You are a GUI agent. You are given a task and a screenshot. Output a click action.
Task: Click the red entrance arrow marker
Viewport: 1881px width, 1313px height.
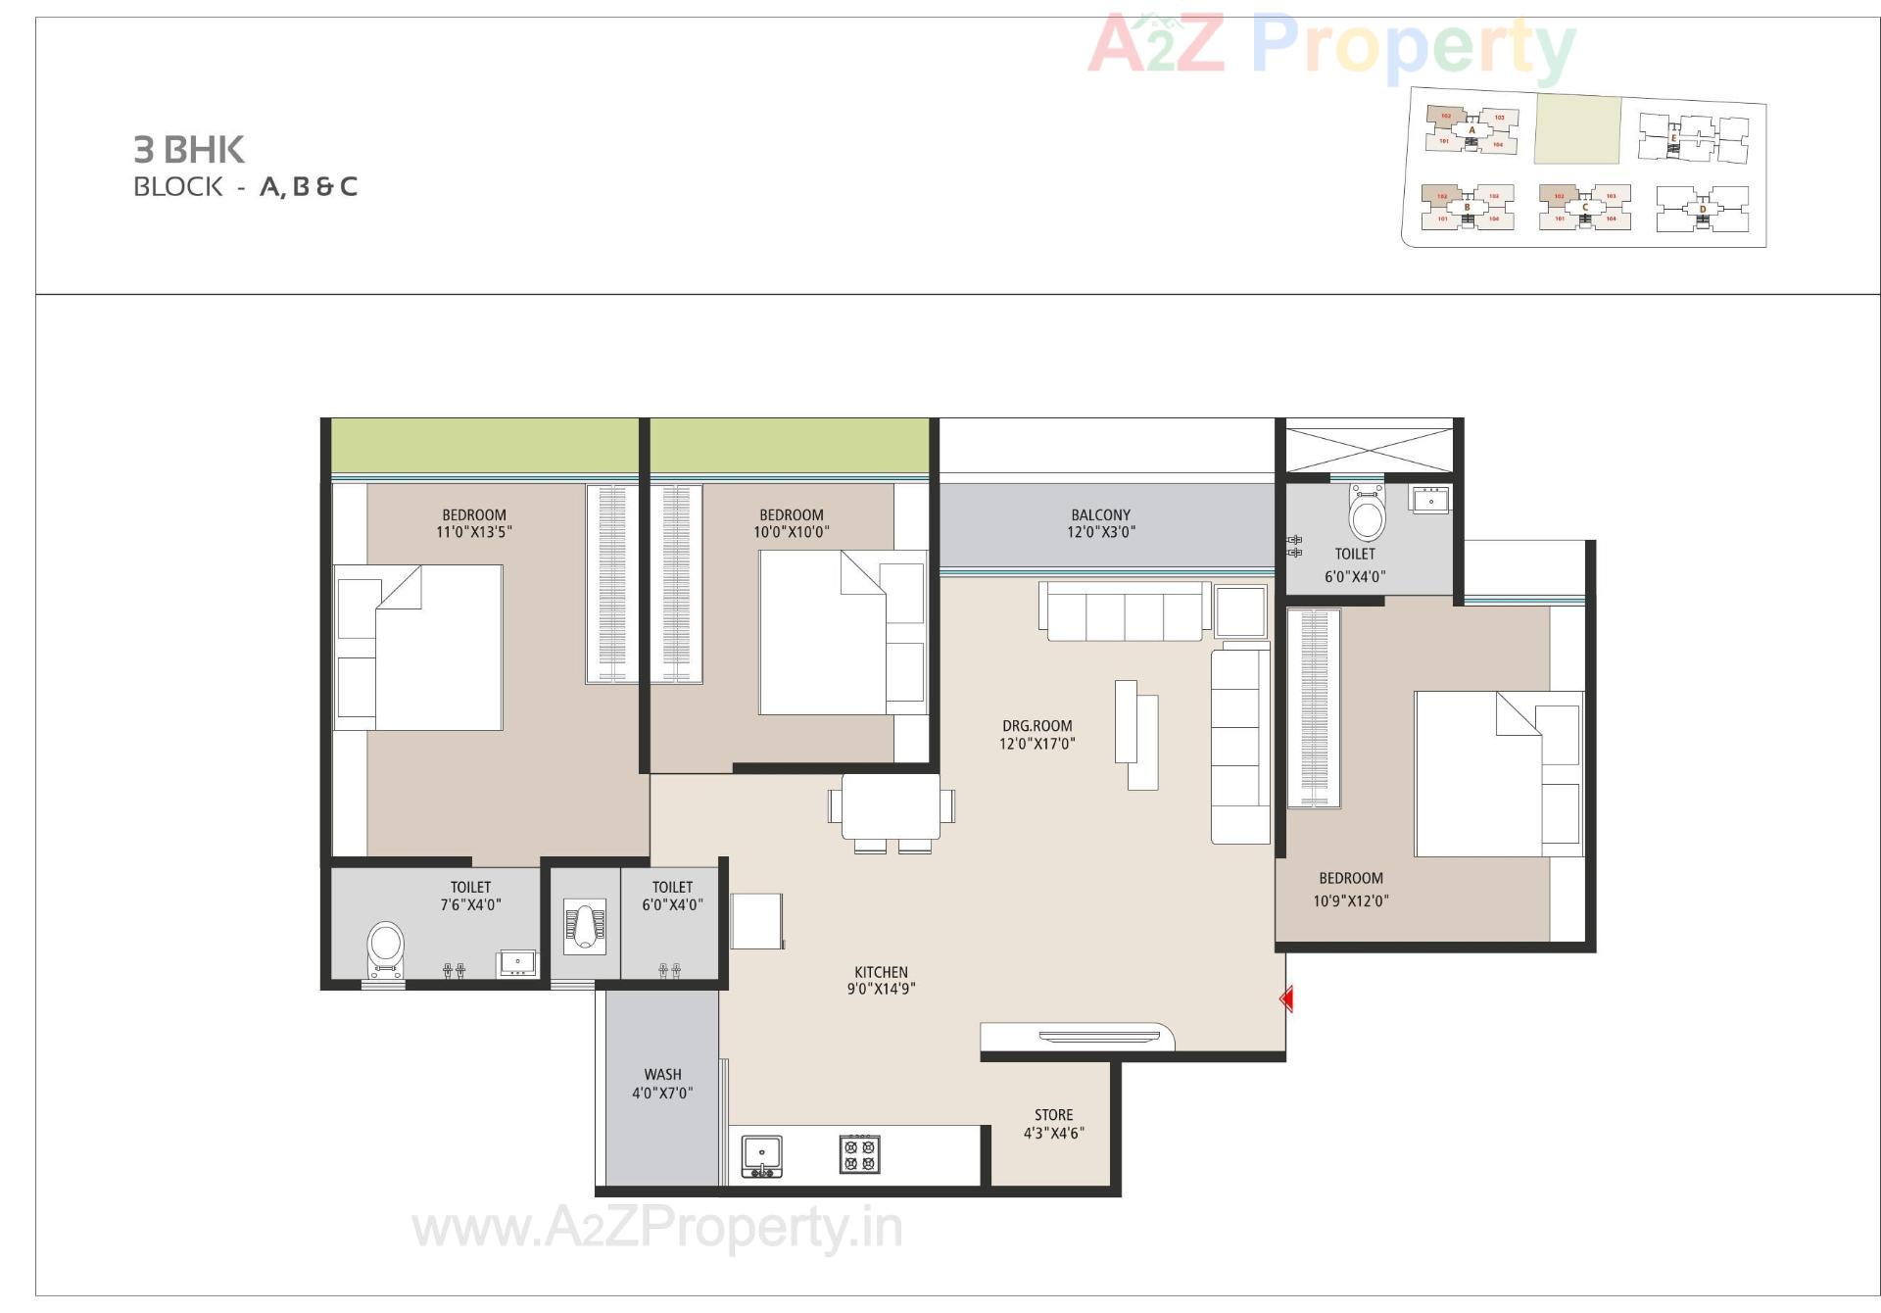1286,998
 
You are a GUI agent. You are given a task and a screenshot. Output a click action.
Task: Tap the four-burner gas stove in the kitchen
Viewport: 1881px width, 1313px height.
859,1153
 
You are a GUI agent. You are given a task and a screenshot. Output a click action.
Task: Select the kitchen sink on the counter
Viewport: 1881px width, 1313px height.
761,1153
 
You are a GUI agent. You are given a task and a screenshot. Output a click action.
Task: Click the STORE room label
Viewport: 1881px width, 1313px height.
1053,1115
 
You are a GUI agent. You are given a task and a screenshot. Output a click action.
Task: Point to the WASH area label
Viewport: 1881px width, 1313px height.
662,1075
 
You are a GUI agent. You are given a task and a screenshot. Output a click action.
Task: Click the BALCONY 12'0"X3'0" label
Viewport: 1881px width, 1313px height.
1100,523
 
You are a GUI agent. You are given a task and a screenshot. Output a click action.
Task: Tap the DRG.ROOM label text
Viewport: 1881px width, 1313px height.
1037,726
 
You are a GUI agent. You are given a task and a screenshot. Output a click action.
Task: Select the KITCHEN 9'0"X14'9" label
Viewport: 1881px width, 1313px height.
881,981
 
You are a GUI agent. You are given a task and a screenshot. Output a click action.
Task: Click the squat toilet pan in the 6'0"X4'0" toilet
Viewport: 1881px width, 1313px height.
584,926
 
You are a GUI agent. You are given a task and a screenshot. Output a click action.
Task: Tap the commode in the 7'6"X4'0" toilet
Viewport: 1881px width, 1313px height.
385,948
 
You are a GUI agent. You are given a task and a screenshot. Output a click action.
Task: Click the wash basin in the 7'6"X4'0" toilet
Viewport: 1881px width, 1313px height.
516,962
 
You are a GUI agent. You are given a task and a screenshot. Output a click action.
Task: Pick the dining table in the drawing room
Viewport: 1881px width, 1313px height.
891,805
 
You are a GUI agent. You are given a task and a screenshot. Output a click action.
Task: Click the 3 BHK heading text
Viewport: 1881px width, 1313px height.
189,150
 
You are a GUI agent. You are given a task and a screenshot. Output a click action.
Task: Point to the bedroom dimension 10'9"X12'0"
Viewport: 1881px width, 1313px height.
1350,900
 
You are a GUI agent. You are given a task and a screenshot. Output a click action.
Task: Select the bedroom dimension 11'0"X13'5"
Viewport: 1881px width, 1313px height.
474,532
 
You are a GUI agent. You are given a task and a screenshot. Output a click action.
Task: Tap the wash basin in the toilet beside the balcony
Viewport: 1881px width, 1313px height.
1430,500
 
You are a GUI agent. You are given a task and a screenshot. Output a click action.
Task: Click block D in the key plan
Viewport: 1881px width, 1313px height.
1702,209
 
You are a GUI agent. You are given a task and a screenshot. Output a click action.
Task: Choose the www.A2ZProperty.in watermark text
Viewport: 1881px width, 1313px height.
657,1228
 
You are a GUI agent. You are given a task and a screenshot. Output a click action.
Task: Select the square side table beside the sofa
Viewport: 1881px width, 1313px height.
1240,611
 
